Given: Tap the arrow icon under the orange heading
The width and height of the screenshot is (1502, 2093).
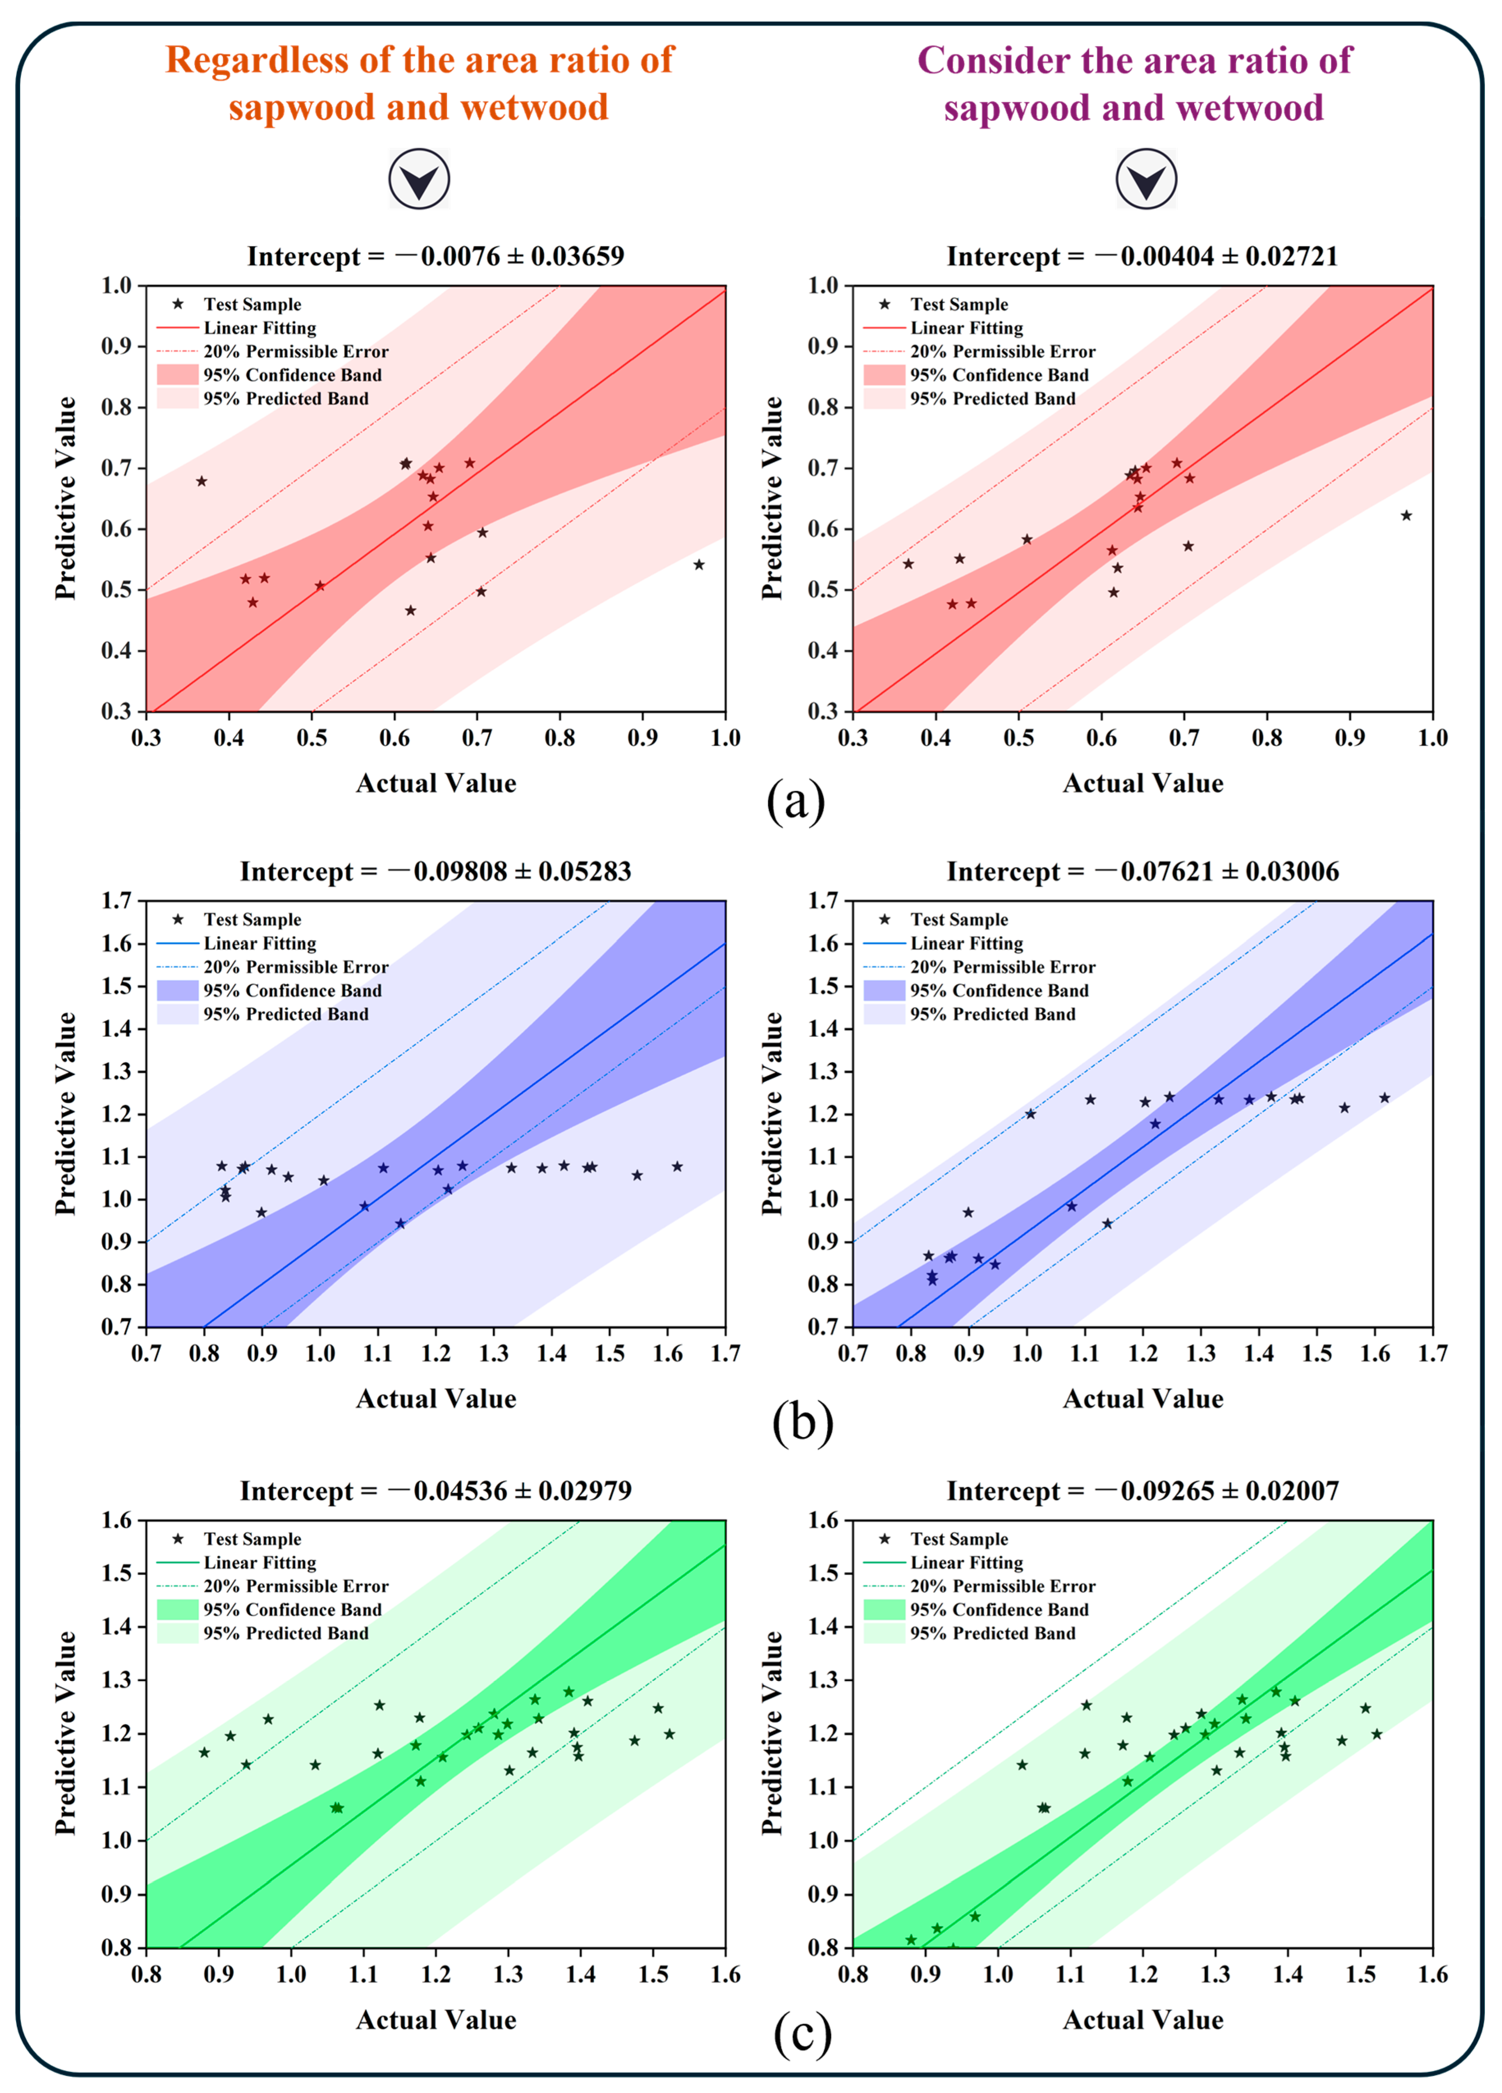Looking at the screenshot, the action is (x=419, y=179).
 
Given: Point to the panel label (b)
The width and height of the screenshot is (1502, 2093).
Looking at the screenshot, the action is (x=803, y=1422).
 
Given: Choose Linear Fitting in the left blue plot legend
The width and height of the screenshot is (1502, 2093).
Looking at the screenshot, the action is (x=260, y=943).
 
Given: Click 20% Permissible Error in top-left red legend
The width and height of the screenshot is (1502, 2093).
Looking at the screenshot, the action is (x=296, y=351).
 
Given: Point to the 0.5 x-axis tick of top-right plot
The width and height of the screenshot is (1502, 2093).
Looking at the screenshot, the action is (x=1019, y=737).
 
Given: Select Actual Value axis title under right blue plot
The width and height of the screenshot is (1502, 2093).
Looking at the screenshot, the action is (x=1143, y=1399).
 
